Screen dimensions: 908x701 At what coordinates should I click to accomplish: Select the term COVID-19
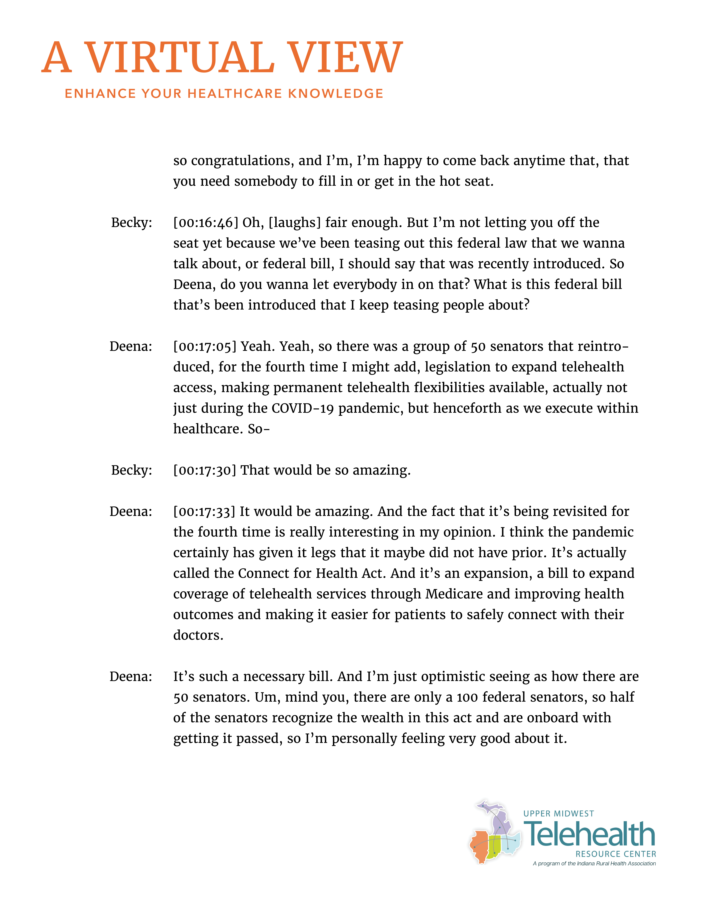tap(303, 408)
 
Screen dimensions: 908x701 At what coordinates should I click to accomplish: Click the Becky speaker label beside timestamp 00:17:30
tap(131, 470)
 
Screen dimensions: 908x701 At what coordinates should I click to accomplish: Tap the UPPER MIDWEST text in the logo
tap(559, 814)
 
